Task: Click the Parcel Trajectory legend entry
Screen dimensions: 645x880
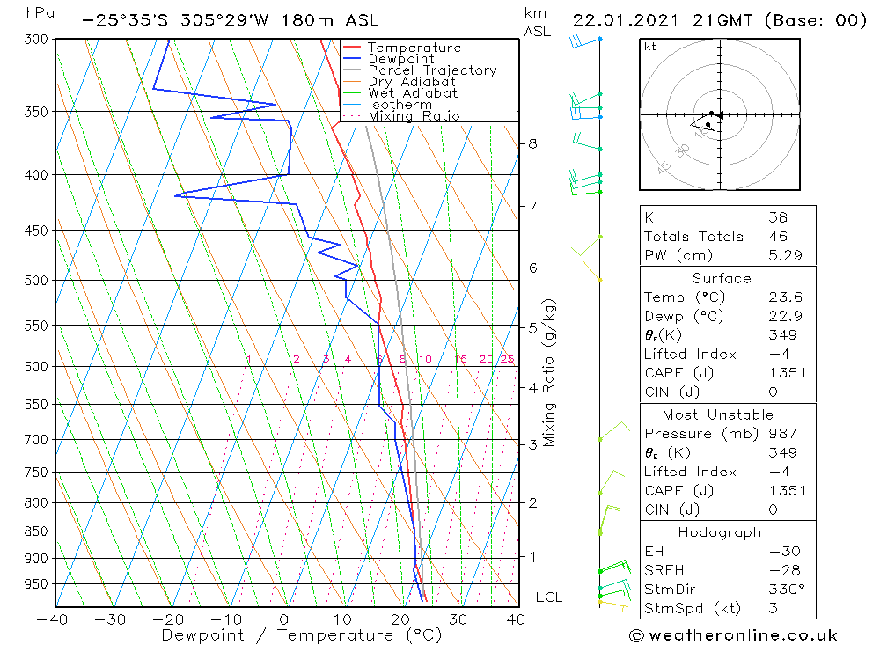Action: click(432, 70)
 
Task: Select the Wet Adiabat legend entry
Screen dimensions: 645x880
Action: click(413, 93)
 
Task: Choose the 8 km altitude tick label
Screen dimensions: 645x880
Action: click(532, 143)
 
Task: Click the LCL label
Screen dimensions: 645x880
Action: click(548, 597)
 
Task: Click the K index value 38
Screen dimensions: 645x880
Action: click(778, 217)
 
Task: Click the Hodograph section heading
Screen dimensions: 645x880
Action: click(719, 532)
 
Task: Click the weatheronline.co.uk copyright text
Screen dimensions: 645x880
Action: click(733, 635)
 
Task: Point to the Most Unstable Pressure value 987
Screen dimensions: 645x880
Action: click(782, 434)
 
